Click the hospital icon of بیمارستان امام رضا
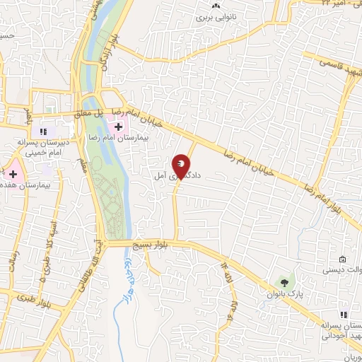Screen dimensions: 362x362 [118, 127]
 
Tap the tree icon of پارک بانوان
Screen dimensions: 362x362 [286, 281]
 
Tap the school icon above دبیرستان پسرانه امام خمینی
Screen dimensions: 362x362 [43, 131]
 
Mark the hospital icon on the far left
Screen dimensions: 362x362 [13, 173]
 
